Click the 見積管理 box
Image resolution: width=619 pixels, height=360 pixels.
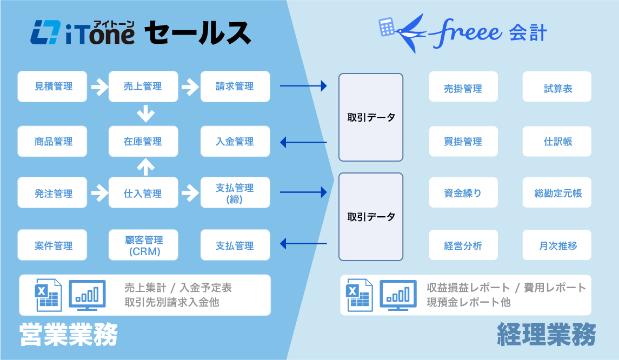click(52, 86)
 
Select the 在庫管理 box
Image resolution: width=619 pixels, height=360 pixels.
click(143, 142)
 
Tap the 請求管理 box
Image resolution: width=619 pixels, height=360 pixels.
click(235, 86)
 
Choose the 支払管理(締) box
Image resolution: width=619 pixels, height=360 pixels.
click(235, 193)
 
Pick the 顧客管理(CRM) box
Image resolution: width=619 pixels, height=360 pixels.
click(143, 245)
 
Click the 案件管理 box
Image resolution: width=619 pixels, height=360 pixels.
click(52, 245)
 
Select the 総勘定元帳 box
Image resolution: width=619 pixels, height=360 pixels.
click(557, 193)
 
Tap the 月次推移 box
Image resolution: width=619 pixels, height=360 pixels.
click(557, 245)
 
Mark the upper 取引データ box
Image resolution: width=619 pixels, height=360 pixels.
click(371, 117)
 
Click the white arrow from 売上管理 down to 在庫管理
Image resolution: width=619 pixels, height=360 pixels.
click(145, 114)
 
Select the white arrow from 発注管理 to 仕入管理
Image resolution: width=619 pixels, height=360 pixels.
click(99, 192)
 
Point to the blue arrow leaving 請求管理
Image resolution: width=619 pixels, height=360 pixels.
click(303, 85)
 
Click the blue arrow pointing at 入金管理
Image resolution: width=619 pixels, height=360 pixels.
click(303, 142)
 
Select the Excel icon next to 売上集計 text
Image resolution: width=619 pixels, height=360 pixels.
click(48, 295)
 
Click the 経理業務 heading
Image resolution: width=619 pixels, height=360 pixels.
click(545, 334)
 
